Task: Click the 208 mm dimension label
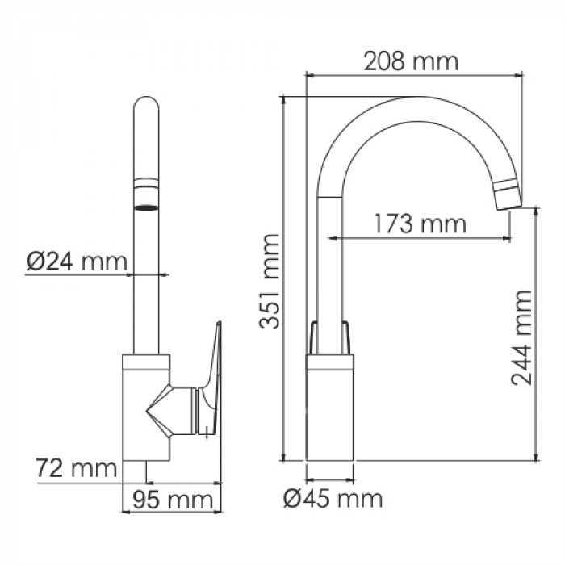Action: pyautogui.click(x=411, y=61)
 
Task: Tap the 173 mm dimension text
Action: pyautogui.click(x=420, y=224)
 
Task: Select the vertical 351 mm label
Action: pyautogui.click(x=270, y=282)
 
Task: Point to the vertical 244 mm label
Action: pyautogui.click(x=521, y=337)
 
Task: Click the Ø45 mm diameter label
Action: pyautogui.click(x=333, y=499)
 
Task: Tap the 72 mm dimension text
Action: pyautogui.click(x=77, y=468)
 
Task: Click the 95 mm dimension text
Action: pyautogui.click(x=173, y=500)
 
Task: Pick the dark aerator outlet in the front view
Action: pyautogui.click(x=146, y=208)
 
